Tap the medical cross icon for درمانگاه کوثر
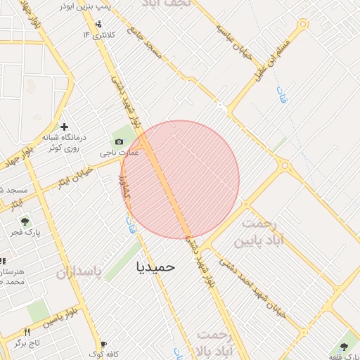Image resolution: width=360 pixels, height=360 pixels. [65, 128]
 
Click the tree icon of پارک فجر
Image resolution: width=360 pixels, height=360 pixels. [25, 221]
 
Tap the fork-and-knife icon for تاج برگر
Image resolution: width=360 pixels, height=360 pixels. [27, 332]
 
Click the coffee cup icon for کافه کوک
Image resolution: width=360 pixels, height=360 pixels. [103, 344]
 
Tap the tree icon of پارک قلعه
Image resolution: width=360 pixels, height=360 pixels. [343, 346]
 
